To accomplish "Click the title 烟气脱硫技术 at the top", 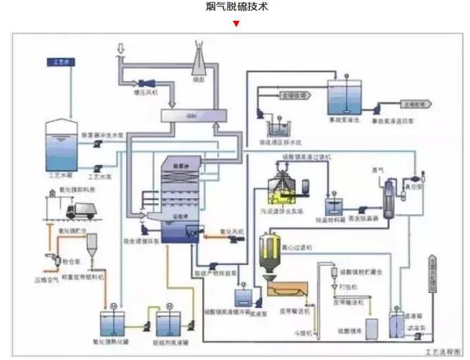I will pyautogui.click(x=235, y=8).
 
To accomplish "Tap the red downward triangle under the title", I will pyautogui.click(x=235, y=24).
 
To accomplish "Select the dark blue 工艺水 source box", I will pyautogui.click(x=63, y=63).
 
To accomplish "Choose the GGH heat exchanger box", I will pyautogui.click(x=191, y=115).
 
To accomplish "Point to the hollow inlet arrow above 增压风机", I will pyautogui.click(x=120, y=49).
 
